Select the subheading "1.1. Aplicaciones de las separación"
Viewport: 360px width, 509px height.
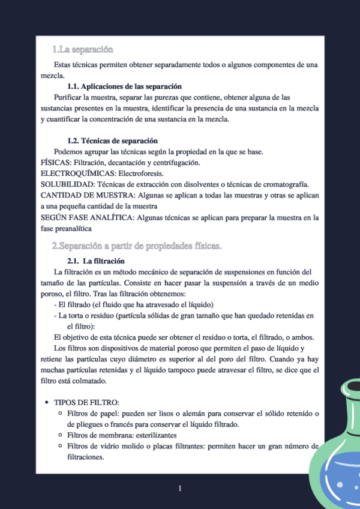point(124,86)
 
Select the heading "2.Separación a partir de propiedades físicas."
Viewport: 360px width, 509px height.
point(137,245)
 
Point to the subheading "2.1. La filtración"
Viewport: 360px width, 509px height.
point(96,261)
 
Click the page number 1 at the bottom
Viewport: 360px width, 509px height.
point(180,489)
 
